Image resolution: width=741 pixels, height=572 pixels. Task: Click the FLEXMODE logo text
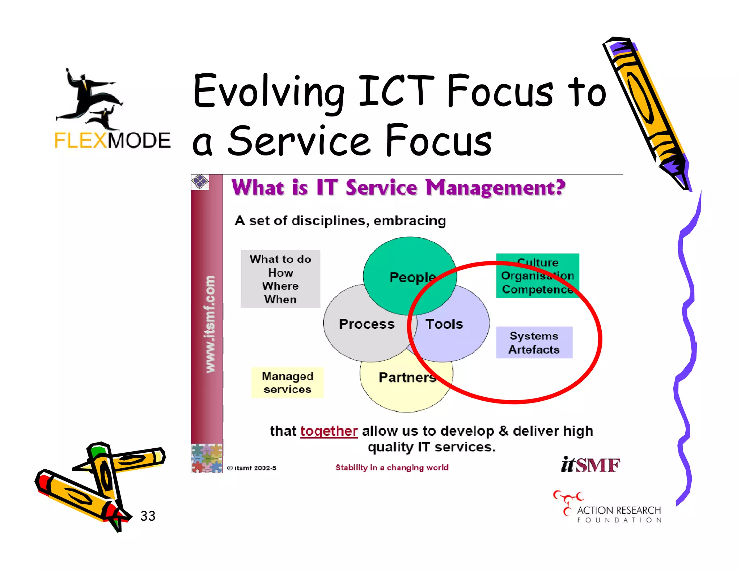(112, 140)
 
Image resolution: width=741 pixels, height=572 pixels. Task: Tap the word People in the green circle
(412, 277)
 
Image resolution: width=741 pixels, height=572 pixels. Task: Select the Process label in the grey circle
(367, 324)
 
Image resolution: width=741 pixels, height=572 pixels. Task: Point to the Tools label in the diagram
(444, 324)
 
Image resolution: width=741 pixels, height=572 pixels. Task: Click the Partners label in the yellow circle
(407, 377)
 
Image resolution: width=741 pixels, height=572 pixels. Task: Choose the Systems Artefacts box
(534, 342)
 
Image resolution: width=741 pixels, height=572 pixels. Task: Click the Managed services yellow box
(288, 383)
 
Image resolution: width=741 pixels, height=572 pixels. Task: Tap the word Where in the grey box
(280, 286)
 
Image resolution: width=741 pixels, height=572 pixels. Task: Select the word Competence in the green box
(537, 290)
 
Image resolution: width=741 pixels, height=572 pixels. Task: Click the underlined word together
(329, 431)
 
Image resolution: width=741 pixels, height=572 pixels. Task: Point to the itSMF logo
(590, 465)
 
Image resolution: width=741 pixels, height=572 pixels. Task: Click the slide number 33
(148, 516)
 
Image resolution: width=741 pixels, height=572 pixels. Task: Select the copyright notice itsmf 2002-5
(252, 468)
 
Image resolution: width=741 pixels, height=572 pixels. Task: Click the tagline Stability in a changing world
(392, 468)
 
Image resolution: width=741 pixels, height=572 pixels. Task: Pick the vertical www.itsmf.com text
(210, 324)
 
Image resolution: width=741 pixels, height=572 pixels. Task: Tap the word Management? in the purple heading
(495, 188)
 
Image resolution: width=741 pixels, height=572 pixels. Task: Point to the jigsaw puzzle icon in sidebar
(207, 458)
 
